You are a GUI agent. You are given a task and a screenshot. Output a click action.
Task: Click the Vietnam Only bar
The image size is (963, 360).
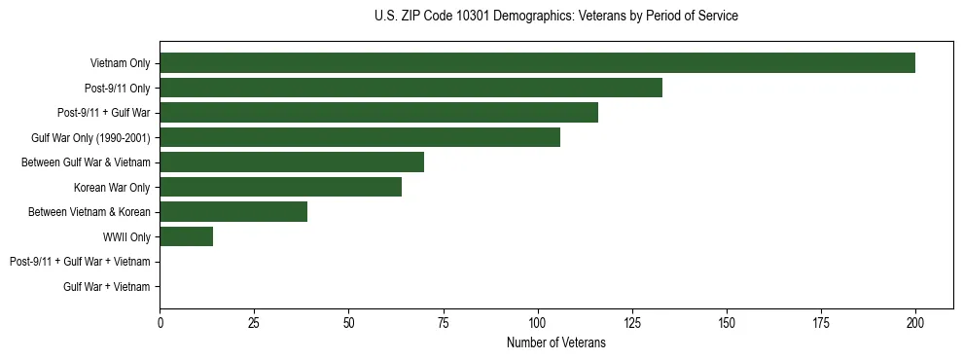coord(537,63)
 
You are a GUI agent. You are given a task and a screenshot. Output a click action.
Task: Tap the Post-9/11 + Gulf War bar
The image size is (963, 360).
coord(378,113)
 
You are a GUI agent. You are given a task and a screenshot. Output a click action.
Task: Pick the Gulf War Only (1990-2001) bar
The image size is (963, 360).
coord(360,137)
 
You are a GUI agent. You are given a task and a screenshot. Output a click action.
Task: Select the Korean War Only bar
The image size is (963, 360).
coord(280,187)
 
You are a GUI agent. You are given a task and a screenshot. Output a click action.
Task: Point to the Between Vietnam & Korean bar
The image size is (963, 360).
coord(233,212)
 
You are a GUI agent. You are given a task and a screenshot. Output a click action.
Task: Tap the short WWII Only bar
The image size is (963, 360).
coord(186,236)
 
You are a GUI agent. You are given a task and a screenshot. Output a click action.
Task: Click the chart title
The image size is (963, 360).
coord(555,17)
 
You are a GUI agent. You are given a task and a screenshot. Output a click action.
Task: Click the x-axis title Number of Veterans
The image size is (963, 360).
coord(555,343)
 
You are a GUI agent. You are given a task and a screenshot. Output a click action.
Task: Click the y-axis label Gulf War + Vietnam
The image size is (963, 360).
coord(107,287)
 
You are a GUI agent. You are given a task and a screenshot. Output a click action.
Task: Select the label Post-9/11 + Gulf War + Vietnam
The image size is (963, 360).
coord(80,262)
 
